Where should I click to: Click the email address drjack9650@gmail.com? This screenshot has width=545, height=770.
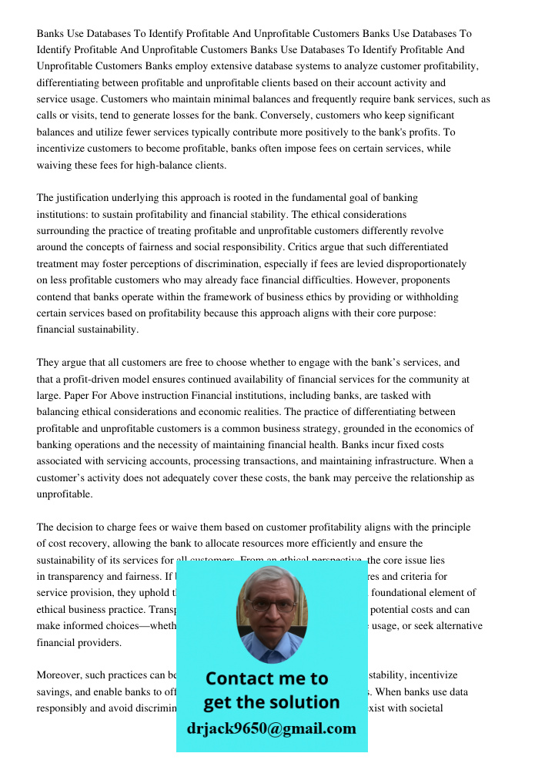coord(272,728)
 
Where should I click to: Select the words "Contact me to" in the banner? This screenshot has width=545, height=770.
coord(266,678)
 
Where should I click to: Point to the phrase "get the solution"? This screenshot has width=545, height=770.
coord(271,702)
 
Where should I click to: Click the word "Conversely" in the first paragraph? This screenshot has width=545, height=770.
coord(160,115)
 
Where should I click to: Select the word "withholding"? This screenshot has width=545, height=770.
coord(430,296)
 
